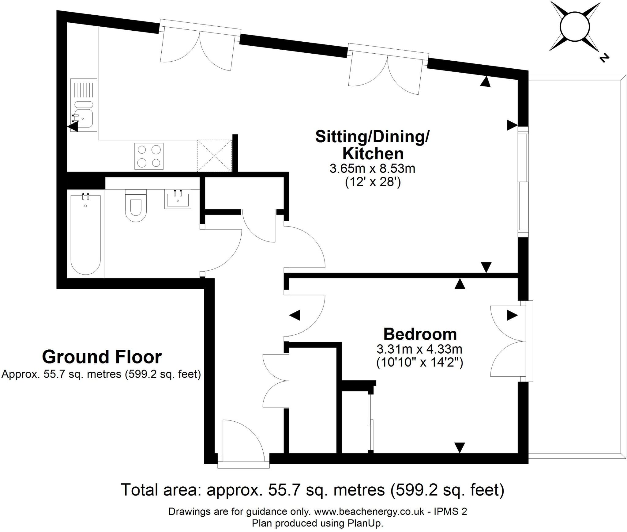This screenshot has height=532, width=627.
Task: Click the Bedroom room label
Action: (x=420, y=334)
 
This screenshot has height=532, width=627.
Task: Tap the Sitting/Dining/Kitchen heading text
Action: (x=372, y=145)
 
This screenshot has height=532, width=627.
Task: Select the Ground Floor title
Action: (x=102, y=357)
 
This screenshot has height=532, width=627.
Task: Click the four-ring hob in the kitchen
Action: (x=149, y=156)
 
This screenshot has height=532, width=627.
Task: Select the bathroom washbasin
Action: (x=178, y=199)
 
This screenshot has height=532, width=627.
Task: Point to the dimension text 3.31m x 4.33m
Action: (x=419, y=349)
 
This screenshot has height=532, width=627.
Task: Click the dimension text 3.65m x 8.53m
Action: (x=372, y=169)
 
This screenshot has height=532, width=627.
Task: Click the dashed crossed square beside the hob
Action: (x=214, y=156)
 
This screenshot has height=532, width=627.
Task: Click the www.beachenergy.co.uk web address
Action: (x=370, y=511)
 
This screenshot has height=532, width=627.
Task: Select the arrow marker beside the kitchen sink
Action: (x=73, y=127)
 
